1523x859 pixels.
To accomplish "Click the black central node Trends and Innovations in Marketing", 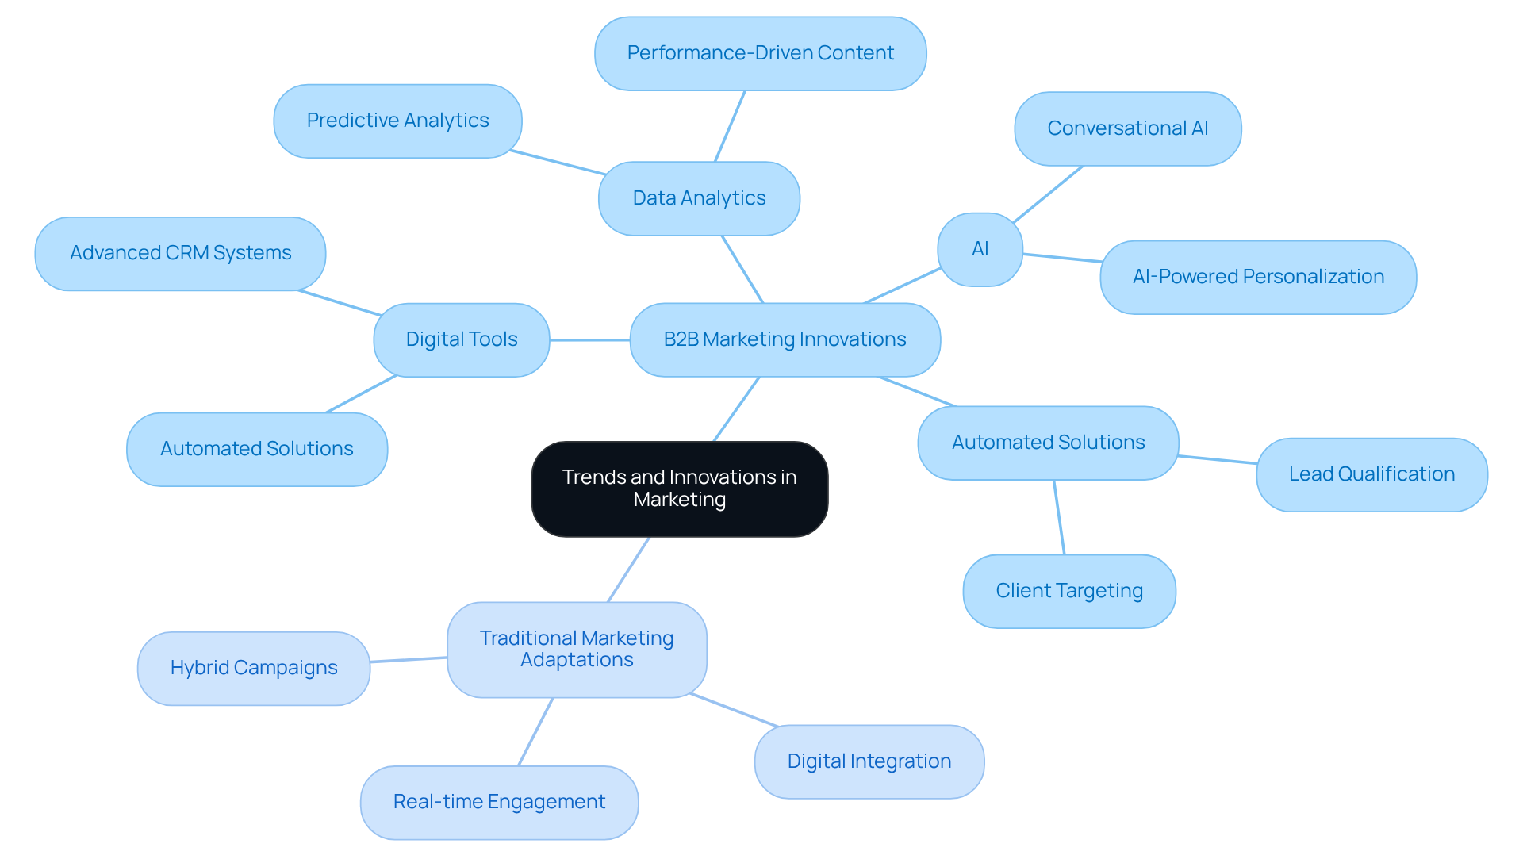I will (680, 489).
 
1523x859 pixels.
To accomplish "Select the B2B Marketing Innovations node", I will (785, 339).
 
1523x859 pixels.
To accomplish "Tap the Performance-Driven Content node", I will (760, 53).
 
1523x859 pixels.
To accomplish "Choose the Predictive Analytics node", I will (397, 121).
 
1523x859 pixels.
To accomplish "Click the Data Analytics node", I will (699, 198).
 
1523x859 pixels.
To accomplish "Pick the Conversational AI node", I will (1127, 128).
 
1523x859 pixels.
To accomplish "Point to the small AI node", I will (980, 249).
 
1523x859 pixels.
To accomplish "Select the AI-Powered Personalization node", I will (1258, 277).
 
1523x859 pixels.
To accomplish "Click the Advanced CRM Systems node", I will (180, 253).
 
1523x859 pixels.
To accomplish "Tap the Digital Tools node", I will (461, 339).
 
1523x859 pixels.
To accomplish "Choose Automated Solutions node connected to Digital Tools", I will (256, 449).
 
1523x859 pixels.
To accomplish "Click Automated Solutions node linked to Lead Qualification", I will (1048, 443).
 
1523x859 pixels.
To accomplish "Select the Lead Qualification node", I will (1371, 474).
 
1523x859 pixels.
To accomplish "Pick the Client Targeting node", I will (1068, 591).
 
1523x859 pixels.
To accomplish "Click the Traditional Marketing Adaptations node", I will (577, 649).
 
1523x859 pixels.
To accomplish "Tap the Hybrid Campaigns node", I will (254, 668).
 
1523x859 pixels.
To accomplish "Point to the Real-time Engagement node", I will (499, 802).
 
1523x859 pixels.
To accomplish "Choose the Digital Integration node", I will (869, 761).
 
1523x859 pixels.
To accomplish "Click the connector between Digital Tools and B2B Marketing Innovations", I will (589, 339).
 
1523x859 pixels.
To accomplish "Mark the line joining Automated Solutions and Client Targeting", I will (1059, 517).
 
